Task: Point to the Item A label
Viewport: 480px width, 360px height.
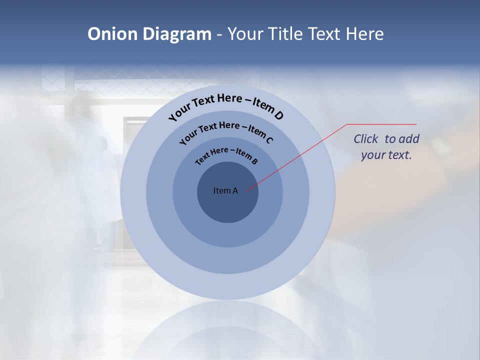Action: pyautogui.click(x=225, y=190)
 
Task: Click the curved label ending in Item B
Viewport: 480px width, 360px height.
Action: pyautogui.click(x=226, y=154)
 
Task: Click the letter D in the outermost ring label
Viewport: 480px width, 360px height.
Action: pyautogui.click(x=278, y=116)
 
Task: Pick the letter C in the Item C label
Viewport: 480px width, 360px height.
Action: pyautogui.click(x=269, y=140)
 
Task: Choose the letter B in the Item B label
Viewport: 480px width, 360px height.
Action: pyautogui.click(x=254, y=161)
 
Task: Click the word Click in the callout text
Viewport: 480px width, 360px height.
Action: pyautogui.click(x=366, y=139)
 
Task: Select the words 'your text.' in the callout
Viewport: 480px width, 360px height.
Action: pyautogui.click(x=386, y=155)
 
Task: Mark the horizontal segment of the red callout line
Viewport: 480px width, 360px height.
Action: pyautogui.click(x=381, y=124)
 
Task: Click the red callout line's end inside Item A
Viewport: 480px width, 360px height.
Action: pyautogui.click(x=247, y=189)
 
